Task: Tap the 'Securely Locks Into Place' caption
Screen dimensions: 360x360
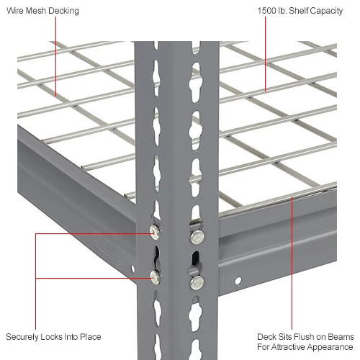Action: pos(53,337)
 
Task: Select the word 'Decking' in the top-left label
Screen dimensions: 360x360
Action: pos(63,12)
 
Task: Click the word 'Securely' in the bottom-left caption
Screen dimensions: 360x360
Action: pos(22,337)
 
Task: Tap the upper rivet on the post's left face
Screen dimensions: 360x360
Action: pos(154,230)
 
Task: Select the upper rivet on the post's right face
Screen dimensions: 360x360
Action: pos(194,236)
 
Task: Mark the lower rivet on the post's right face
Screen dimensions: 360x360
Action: pos(194,281)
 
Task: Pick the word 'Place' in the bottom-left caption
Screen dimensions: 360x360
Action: pos(89,337)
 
